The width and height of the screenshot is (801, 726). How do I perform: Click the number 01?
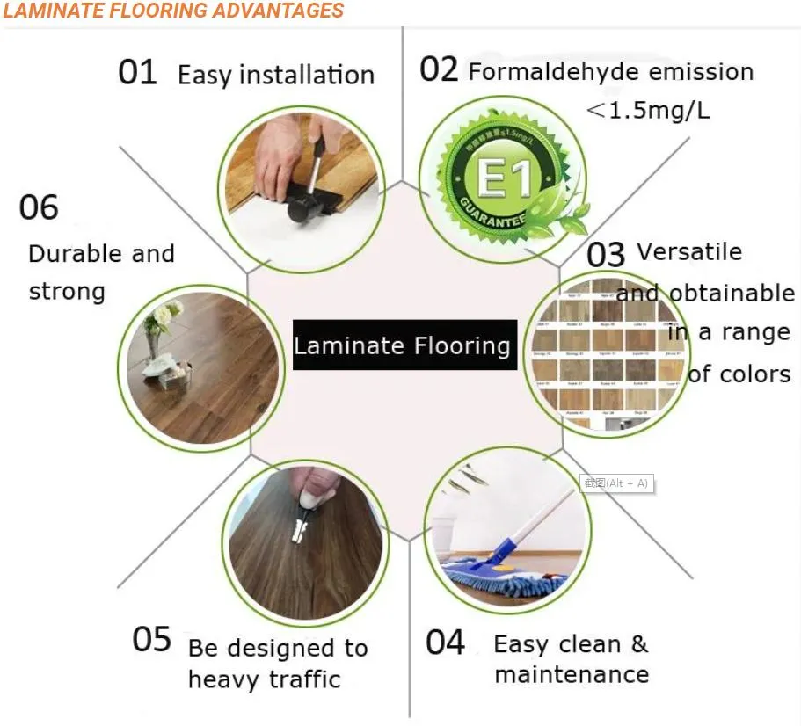138,73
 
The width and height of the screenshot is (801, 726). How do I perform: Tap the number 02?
439,69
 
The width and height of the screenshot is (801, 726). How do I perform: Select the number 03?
606,255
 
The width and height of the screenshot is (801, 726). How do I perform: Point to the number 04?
445,643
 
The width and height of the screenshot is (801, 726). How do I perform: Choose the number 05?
151,639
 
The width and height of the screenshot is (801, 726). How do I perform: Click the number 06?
39,208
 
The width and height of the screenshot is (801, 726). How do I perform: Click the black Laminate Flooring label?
404,345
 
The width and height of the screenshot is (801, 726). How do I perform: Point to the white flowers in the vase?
164,314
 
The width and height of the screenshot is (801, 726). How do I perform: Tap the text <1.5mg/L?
647,111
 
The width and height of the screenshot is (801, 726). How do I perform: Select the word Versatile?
689,251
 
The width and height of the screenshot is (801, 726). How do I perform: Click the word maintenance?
572,675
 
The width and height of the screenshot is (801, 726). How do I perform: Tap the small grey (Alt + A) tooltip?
617,483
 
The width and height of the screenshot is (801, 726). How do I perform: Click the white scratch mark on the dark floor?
301,527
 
